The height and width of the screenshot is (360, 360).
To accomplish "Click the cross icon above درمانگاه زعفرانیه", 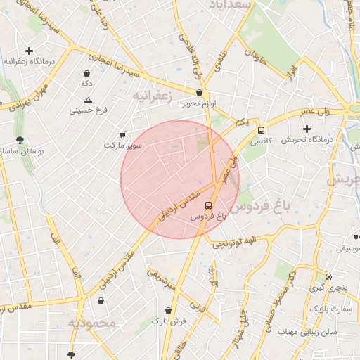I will click(29, 51).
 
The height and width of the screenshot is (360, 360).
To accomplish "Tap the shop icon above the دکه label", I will click(86, 73).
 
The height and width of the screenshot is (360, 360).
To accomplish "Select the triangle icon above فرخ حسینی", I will click(88, 100).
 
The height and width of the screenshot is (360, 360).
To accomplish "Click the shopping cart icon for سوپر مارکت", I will click(123, 134).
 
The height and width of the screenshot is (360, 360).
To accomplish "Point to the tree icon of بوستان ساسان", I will click(19, 140).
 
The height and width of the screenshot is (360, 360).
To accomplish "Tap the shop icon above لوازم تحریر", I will click(200, 93).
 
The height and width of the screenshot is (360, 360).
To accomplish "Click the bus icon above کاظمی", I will click(262, 130).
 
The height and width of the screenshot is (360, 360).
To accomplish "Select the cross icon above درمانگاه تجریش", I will click(307, 129).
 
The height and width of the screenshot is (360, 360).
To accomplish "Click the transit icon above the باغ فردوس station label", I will click(208, 205).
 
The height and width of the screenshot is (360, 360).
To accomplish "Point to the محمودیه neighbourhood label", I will click(91, 323).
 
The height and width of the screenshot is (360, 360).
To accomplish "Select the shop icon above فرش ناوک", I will click(168, 310).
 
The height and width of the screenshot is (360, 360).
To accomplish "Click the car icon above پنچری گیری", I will click(329, 276).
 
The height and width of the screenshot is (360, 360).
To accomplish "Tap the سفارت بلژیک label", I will click(330, 309).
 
